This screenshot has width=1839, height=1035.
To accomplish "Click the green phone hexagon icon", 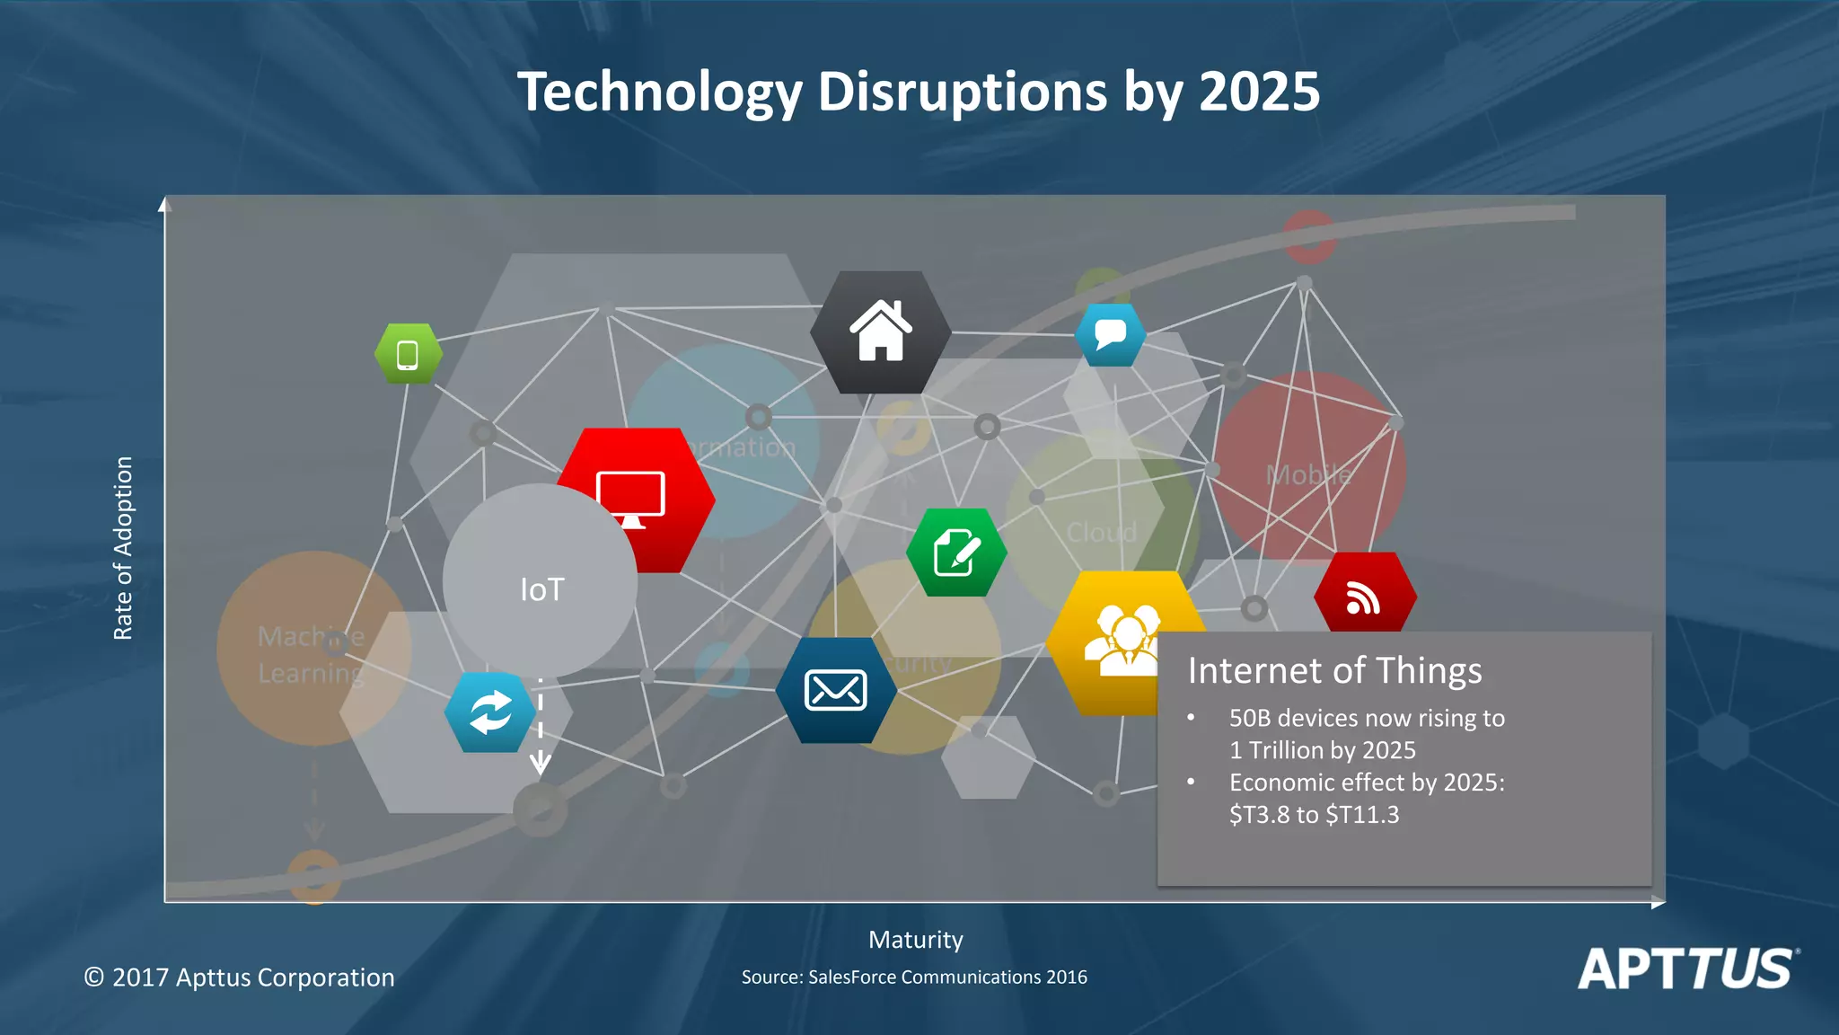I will pyautogui.click(x=408, y=354).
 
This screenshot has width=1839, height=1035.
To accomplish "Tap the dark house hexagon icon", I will pyautogui.click(x=881, y=332).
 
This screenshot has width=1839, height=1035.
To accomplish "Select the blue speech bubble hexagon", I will pyautogui.click(x=1111, y=334).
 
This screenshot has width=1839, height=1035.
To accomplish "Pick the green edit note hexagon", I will pyautogui.click(x=956, y=553).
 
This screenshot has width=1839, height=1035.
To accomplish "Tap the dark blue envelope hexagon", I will pyautogui.click(x=836, y=690).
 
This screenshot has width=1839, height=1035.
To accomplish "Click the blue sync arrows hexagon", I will pyautogui.click(x=490, y=712).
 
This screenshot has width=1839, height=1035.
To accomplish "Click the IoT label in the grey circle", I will pyautogui.click(x=542, y=589).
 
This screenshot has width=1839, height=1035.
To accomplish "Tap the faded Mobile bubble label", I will pyautogui.click(x=1308, y=474).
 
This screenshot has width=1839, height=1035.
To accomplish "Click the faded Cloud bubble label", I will pyautogui.click(x=1102, y=532).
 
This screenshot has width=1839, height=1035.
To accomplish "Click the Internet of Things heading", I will pyautogui.click(x=1334, y=670).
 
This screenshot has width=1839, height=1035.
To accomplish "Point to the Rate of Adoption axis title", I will pyautogui.click(x=123, y=548).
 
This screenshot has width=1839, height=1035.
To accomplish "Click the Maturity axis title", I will pyautogui.click(x=915, y=940).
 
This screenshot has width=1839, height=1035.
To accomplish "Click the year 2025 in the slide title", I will pyautogui.click(x=1259, y=92).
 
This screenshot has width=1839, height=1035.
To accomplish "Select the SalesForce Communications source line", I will pyautogui.click(x=914, y=977).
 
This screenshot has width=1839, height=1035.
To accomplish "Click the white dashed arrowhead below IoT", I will pyautogui.click(x=540, y=765).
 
